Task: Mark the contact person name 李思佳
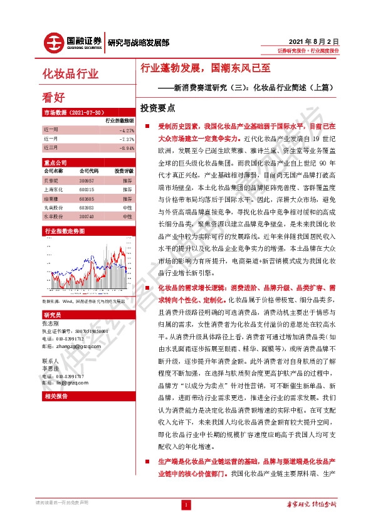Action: (50, 369)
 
